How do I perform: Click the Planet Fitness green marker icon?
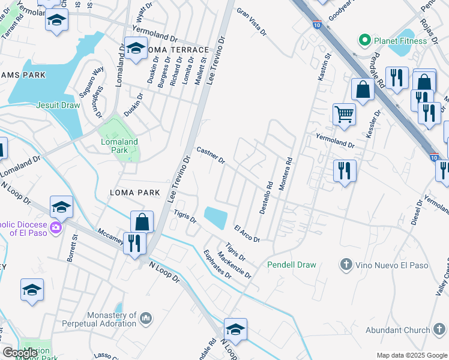coord(364,41)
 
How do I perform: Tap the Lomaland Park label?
coord(118,146)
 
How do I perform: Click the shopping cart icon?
coord(344,114)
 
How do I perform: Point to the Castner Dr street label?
coord(210,155)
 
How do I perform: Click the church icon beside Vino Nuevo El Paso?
coord(345,264)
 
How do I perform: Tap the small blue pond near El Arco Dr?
coord(216,218)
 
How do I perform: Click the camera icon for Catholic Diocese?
coord(56,227)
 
